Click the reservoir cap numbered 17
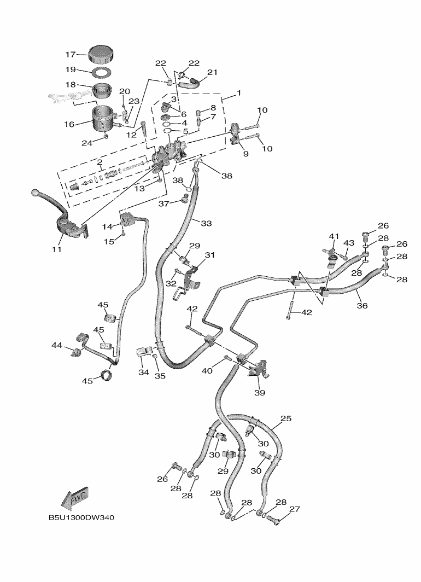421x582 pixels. (x=101, y=54)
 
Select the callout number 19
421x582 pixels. (x=70, y=69)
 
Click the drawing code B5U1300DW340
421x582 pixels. (x=81, y=517)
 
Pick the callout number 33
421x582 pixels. (x=206, y=223)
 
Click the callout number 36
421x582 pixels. (x=362, y=305)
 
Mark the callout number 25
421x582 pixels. (x=285, y=418)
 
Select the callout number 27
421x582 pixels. (x=295, y=509)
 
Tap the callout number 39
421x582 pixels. (x=260, y=392)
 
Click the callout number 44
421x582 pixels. (x=57, y=346)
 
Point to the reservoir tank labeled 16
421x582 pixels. (x=104, y=119)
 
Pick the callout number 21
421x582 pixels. (x=212, y=72)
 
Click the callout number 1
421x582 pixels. (x=239, y=92)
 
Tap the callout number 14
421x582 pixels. (x=107, y=226)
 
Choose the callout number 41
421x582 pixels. (x=334, y=236)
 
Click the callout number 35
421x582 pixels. (x=160, y=376)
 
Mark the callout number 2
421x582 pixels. (x=100, y=162)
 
